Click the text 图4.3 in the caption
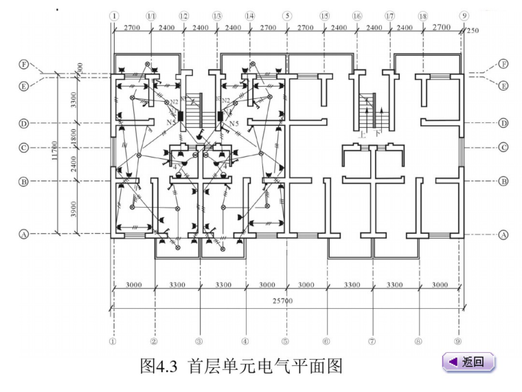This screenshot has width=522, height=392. click(x=157, y=365)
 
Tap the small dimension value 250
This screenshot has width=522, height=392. click(x=473, y=31)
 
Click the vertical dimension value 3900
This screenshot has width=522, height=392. click(x=74, y=207)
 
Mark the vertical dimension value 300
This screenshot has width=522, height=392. click(x=80, y=69)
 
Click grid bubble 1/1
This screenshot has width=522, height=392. click(x=150, y=15)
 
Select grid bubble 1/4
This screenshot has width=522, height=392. click(x=249, y=15)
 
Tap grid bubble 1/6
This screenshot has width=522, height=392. click(x=356, y=15)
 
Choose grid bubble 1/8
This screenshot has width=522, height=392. click(x=422, y=15)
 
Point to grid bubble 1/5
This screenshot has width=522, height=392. click(x=324, y=15)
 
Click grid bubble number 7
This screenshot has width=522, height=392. click(x=372, y=340)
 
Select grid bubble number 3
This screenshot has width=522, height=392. click(x=199, y=340)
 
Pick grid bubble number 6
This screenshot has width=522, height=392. click(x=327, y=340)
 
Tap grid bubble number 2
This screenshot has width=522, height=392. click(x=155, y=340)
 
